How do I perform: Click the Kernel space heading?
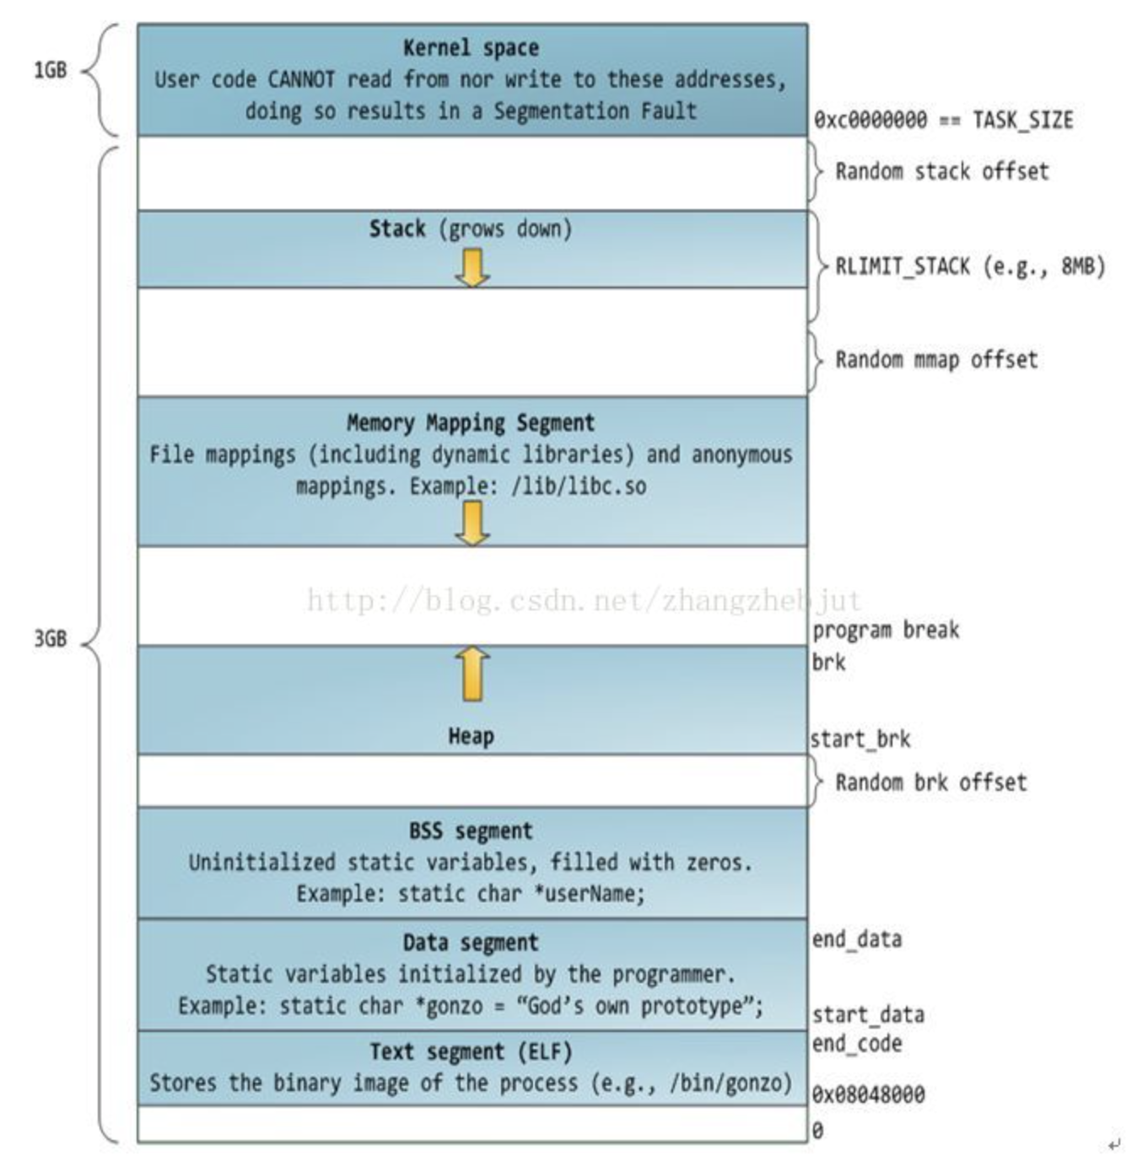point(471,48)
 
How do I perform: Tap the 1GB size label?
point(50,70)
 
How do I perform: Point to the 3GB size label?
point(50,639)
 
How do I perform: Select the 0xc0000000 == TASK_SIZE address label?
point(943,120)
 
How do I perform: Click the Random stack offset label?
point(941,172)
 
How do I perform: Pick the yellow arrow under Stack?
point(472,267)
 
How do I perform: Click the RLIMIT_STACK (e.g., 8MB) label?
point(969,267)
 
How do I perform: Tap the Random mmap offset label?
point(936,360)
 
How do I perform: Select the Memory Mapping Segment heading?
point(471,422)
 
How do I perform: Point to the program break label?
point(886,631)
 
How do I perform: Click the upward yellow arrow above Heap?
point(472,674)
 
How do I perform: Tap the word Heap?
point(471,737)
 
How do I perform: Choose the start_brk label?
point(860,739)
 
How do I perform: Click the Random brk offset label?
point(930,782)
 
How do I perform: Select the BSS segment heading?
point(471,831)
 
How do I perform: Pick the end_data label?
point(856,939)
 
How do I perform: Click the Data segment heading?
point(471,943)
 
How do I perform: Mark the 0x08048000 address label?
point(868,1095)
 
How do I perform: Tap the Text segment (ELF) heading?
point(471,1052)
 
